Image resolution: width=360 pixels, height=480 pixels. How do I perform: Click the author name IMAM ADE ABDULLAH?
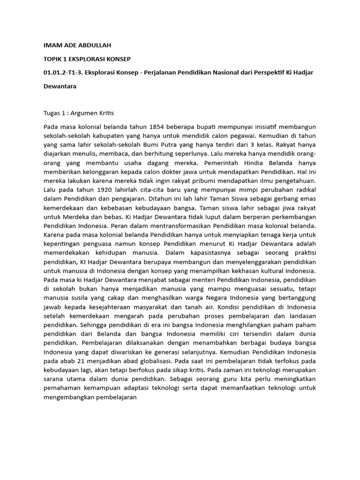[x=78, y=46]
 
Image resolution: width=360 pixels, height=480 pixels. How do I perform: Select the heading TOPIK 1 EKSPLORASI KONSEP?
[x=87, y=60]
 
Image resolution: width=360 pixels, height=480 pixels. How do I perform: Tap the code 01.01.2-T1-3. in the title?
[x=63, y=73]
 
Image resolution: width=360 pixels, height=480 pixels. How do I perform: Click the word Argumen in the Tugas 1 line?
[x=84, y=113]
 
